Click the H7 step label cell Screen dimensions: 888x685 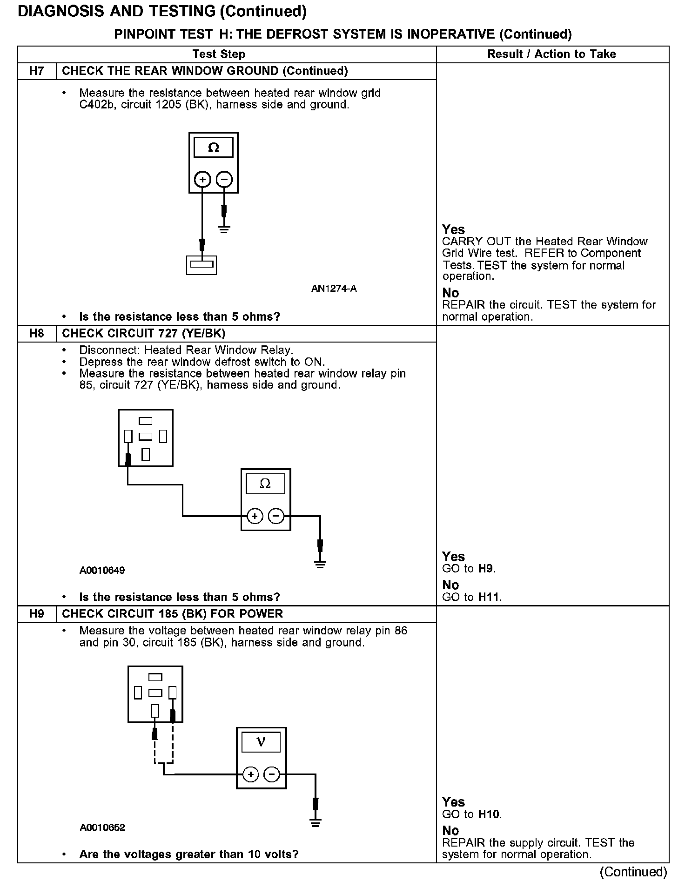click(37, 71)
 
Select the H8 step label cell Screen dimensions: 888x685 click(37, 334)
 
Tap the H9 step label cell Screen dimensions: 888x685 click(37, 614)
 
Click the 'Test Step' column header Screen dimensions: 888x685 click(219, 54)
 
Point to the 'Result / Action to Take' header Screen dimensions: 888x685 click(551, 54)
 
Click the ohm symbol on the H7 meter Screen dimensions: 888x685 click(214, 148)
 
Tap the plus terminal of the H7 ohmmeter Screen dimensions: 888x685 click(202, 179)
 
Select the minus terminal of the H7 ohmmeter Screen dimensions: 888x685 click(224, 179)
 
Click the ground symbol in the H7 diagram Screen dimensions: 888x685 click(224, 229)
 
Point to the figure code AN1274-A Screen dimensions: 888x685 click(334, 289)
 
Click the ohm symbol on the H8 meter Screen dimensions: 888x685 click(265, 484)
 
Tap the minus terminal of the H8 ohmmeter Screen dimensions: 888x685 click(276, 516)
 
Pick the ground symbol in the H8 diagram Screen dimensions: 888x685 click(320, 565)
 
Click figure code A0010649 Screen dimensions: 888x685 click(102, 571)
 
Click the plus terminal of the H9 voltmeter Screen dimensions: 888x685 click(250, 774)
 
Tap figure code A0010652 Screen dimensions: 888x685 click(102, 827)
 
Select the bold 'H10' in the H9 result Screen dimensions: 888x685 click(489, 814)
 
